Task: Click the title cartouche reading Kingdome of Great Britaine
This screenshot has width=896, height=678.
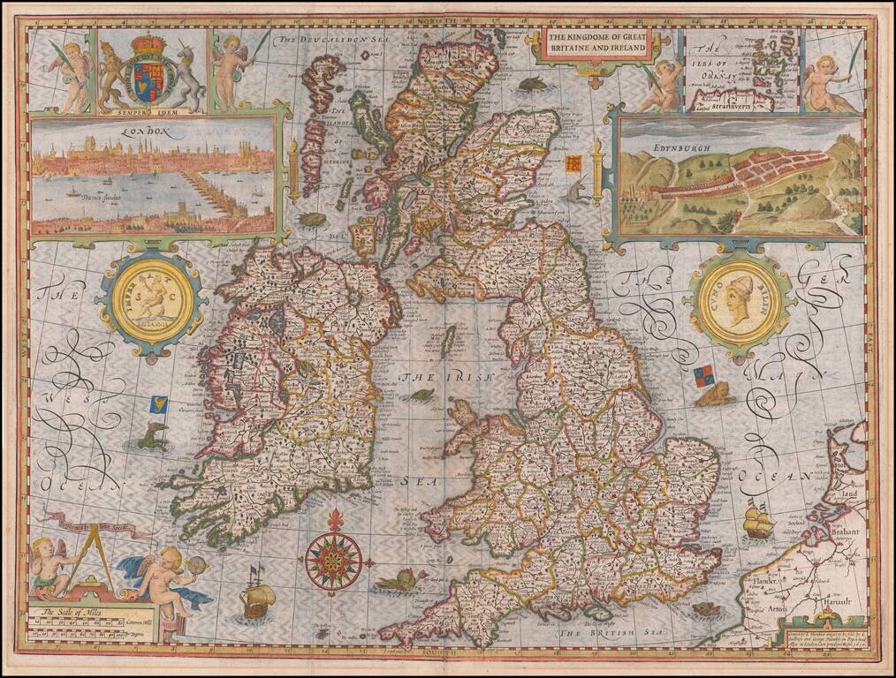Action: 596,41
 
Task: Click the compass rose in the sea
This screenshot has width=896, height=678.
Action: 335,556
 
